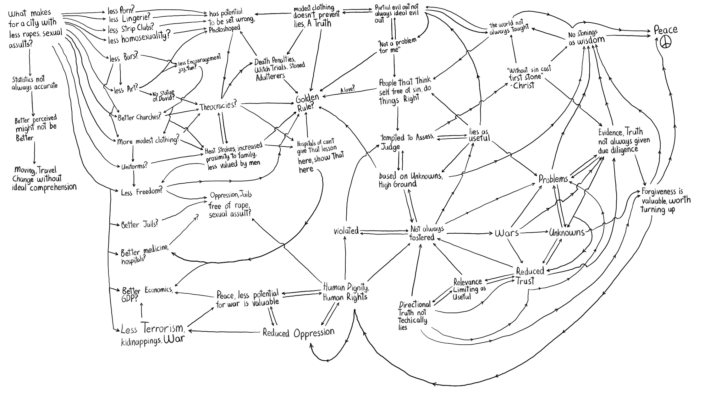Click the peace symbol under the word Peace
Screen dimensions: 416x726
point(666,43)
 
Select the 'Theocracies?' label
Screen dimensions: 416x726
point(218,106)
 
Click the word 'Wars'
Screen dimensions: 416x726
point(506,233)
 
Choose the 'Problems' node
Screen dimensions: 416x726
point(553,179)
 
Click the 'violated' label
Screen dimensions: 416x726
point(346,231)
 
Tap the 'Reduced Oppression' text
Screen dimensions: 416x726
point(298,333)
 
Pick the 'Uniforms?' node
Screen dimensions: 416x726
point(134,166)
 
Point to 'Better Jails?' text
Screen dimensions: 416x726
point(139,225)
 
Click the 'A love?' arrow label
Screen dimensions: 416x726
point(347,90)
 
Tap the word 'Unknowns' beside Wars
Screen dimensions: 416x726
point(567,233)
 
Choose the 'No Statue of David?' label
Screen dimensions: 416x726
point(163,96)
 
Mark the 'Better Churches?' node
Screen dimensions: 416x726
point(139,117)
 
